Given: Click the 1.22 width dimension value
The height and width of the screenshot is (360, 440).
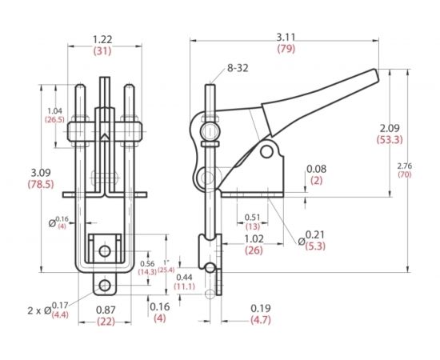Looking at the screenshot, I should click(102, 38).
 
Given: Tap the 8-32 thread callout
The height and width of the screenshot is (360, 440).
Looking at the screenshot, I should click(238, 69).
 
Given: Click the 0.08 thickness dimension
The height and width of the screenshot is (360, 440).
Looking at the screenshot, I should click(316, 169).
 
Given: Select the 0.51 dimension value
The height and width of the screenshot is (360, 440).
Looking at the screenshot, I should click(251, 216).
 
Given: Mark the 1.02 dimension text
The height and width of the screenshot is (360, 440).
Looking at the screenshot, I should click(254, 238).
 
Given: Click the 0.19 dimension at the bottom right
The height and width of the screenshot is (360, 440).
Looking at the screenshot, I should click(258, 308).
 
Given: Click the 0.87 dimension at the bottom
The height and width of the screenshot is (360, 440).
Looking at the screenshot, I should click(105, 309).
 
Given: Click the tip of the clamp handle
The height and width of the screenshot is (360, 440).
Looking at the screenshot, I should click(374, 74).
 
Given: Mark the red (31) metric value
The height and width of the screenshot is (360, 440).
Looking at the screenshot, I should click(102, 50).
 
